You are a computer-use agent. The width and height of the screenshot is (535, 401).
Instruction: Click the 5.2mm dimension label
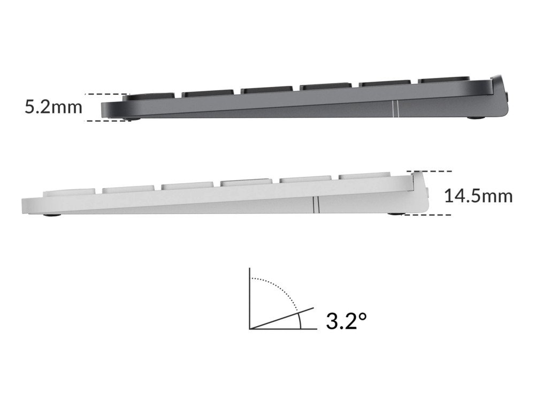(x=53, y=107)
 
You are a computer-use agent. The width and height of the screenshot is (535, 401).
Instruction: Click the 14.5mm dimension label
(x=478, y=196)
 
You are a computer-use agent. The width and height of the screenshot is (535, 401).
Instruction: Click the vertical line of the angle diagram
(x=250, y=298)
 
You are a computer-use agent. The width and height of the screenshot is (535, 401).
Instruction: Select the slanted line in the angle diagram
(x=282, y=318)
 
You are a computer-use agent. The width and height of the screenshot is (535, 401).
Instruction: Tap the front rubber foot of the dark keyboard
(x=132, y=119)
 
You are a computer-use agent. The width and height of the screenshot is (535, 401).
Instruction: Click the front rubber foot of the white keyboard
(x=52, y=215)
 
